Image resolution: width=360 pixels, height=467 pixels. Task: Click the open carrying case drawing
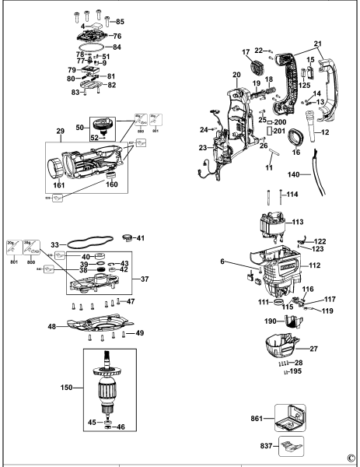tap(285, 419)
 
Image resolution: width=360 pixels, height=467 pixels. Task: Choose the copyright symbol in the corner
tap(351, 459)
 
